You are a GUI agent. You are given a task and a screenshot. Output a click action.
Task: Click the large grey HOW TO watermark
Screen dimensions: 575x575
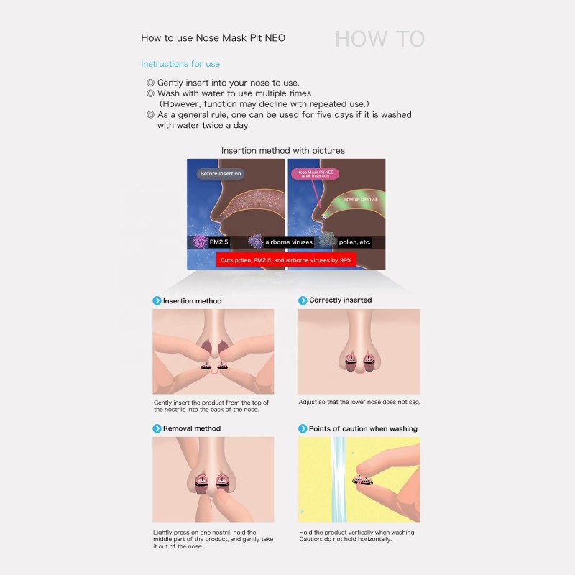pos(380,39)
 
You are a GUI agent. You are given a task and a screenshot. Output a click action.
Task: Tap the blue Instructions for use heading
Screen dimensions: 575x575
pos(180,64)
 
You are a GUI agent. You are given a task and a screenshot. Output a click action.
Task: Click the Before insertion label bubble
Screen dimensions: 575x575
pos(221,173)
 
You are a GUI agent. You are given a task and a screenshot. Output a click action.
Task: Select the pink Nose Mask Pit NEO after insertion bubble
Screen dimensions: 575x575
pos(315,174)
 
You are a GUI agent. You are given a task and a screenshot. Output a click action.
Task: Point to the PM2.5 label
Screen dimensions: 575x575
pos(219,242)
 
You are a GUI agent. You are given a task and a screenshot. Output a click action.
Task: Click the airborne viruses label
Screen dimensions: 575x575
pos(289,242)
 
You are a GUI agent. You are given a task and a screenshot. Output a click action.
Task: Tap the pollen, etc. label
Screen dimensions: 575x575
pos(354,242)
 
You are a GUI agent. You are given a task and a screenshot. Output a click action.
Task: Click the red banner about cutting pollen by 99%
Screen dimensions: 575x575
pos(286,260)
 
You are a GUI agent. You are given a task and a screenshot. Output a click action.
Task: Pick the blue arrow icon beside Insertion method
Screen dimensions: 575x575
pos(157,300)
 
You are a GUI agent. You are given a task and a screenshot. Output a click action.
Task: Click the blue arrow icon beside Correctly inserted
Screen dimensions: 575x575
pos(303,300)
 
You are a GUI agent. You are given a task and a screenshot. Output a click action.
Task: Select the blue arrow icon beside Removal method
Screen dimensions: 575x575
pos(157,428)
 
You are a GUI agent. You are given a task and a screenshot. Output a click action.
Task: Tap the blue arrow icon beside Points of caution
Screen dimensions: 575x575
pos(303,428)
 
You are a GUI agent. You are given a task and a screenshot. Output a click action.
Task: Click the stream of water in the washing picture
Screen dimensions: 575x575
pos(339,479)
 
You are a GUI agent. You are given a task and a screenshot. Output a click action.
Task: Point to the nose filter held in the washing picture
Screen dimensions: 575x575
pos(363,479)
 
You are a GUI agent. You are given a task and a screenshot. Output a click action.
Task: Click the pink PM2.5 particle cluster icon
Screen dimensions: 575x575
pos(201,241)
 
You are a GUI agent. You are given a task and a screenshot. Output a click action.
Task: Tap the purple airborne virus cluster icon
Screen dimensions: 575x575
pos(256,241)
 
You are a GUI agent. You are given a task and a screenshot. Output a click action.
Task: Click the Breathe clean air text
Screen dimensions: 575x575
pos(361,199)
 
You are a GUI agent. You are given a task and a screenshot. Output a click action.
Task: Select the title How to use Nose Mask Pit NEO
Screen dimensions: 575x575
pos(213,38)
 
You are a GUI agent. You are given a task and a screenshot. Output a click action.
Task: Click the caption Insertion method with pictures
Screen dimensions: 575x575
pos(283,151)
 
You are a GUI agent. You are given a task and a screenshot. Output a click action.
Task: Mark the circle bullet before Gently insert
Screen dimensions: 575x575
pos(150,83)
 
